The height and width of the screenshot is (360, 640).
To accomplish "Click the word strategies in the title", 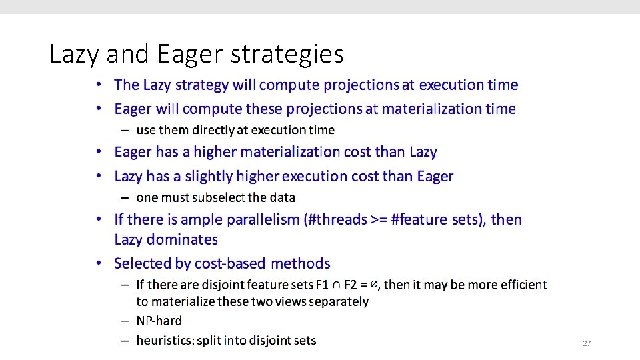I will (x=287, y=54).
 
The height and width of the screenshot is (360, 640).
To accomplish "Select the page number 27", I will (x=587, y=343).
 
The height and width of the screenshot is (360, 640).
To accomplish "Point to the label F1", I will (x=321, y=285).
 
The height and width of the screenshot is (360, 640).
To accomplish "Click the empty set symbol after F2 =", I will (x=375, y=284).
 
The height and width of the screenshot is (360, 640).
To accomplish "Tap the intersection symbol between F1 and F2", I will (x=337, y=285).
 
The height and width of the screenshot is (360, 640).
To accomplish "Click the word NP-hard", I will (x=159, y=321).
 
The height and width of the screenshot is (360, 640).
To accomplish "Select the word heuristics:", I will (x=164, y=341).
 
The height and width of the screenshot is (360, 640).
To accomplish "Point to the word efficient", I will (x=522, y=285).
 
